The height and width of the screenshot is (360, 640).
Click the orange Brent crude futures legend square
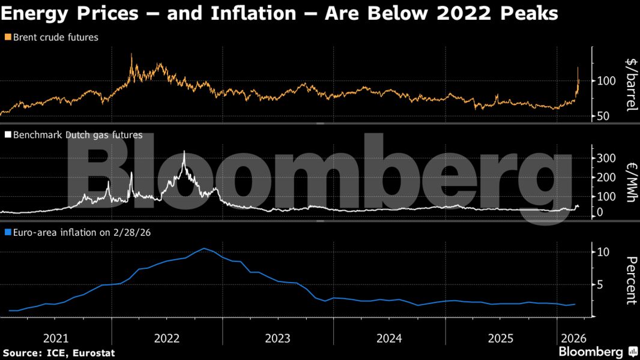[x=7, y=38]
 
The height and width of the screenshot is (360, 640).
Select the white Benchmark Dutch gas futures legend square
[x=7, y=136]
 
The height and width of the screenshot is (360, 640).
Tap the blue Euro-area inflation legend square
[x=7, y=232]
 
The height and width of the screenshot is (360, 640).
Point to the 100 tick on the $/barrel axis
[x=606, y=81]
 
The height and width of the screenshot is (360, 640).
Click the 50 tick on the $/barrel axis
[x=603, y=116]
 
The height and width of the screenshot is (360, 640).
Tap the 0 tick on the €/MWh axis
[x=599, y=212]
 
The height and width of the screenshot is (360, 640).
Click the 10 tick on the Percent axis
[x=603, y=252]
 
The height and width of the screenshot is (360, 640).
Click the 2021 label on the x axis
[x=56, y=338]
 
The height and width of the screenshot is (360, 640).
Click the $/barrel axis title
[x=630, y=84]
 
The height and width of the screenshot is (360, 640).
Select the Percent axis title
[x=630, y=280]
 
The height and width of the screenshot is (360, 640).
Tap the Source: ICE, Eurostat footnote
[x=58, y=353]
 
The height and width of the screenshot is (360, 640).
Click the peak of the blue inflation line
[x=205, y=248]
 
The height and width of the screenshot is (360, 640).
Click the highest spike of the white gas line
[x=184, y=152]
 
